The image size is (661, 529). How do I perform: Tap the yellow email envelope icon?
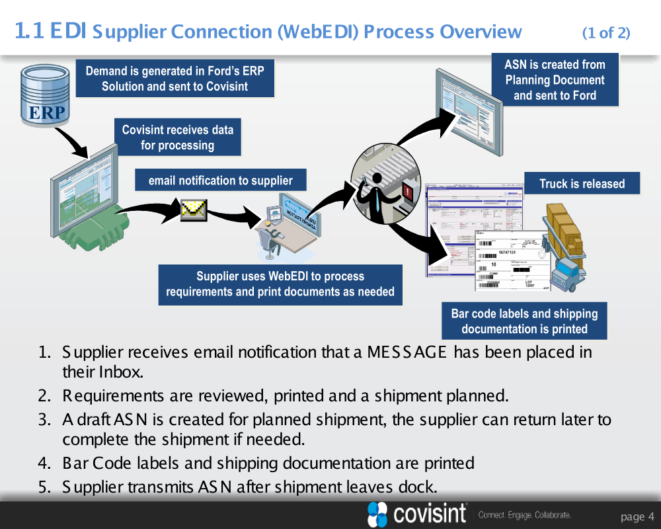(194, 210)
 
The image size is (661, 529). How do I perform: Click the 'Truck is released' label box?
(582, 184)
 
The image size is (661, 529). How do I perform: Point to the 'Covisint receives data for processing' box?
(177, 138)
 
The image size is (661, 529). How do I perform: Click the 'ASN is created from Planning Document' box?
(555, 80)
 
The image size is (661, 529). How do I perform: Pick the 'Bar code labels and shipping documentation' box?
(524, 321)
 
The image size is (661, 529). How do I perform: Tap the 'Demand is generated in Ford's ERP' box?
(175, 79)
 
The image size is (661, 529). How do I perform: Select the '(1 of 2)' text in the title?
(606, 32)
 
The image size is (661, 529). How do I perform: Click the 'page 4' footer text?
(637, 516)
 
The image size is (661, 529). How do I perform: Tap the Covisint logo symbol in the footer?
(377, 514)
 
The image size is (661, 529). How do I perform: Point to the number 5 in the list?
(44, 488)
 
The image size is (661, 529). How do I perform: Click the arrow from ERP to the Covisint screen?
(71, 140)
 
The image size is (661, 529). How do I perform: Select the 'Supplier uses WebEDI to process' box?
(280, 284)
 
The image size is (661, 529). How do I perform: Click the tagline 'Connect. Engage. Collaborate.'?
(524, 514)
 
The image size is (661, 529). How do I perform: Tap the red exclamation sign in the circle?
(407, 193)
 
